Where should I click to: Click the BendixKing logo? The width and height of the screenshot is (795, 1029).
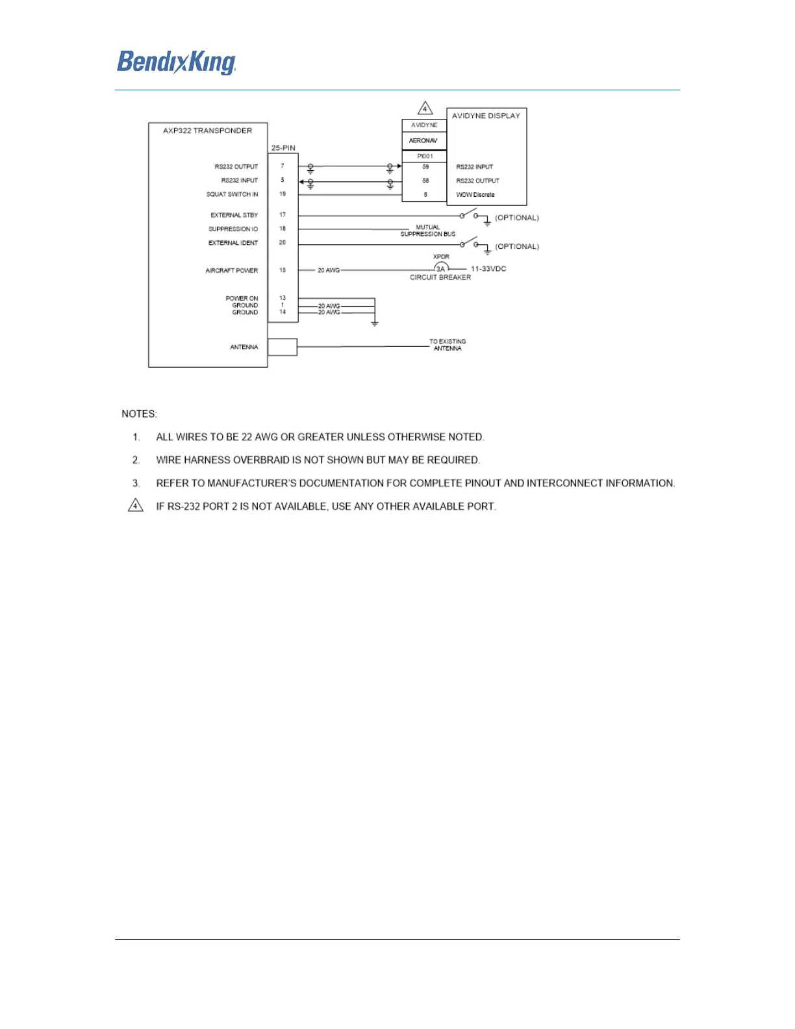coord(176,62)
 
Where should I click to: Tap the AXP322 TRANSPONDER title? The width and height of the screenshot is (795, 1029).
coord(207,131)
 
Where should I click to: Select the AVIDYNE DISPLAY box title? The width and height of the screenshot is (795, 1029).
coord(486,116)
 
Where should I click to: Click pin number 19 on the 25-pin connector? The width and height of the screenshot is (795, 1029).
coord(283,194)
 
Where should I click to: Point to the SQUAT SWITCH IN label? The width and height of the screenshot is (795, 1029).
coord(232,194)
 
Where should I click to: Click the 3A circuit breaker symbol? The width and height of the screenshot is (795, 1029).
coord(441,268)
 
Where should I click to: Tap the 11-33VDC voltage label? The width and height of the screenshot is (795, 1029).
coord(488,269)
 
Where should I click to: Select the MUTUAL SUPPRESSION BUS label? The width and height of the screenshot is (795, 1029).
coord(427,231)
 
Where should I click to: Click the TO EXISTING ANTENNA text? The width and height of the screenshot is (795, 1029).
coord(448,345)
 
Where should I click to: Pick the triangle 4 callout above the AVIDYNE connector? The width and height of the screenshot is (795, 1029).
coord(425,108)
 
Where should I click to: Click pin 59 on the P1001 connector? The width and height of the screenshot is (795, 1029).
coord(425,167)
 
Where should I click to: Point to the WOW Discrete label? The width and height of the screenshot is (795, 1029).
coord(475,195)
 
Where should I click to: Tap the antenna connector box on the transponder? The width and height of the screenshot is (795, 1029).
coord(283,347)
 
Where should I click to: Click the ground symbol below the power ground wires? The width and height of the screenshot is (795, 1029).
coord(375,322)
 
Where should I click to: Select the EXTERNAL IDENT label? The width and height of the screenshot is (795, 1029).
coord(233,243)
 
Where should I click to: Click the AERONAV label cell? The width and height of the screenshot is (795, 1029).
coord(423,140)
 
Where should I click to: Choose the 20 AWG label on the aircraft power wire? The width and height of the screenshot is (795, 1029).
coord(329,270)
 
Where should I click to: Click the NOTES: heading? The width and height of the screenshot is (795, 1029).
coord(139,414)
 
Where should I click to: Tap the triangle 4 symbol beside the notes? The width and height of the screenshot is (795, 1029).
coord(135,505)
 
